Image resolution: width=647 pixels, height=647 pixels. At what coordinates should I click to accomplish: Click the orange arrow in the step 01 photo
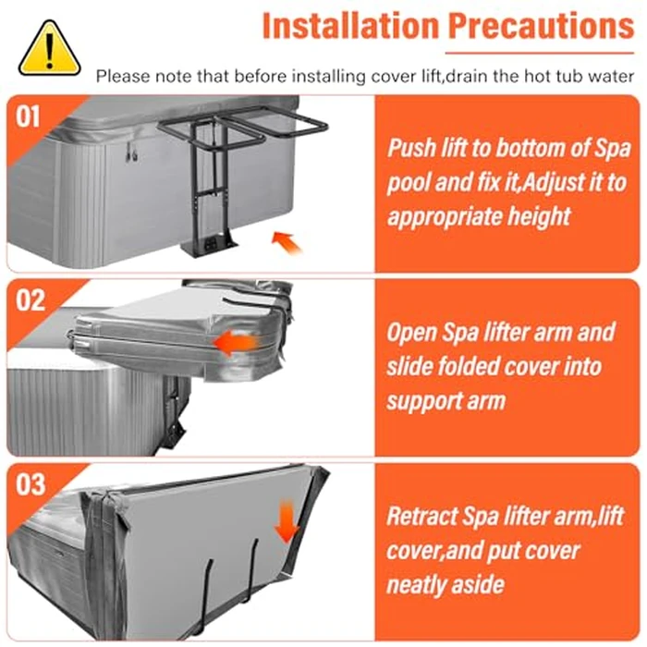[x=288, y=242]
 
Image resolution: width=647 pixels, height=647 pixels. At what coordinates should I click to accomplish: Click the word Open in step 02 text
[x=410, y=332]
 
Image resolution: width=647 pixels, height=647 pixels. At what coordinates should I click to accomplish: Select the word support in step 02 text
[x=425, y=400]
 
